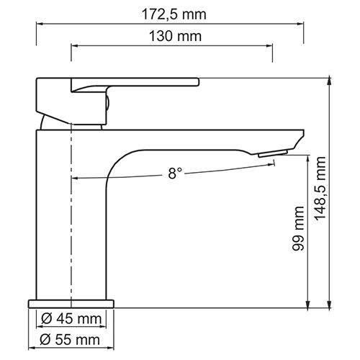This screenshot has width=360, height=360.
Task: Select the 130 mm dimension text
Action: tap(172, 36)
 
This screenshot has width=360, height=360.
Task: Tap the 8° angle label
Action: tap(175, 173)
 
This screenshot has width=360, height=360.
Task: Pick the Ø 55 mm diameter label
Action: tap(69, 339)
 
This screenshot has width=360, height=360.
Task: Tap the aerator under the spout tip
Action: tap(274, 152)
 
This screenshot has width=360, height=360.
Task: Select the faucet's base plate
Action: tap(71, 303)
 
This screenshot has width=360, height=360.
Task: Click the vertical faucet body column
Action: tap(54, 216)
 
